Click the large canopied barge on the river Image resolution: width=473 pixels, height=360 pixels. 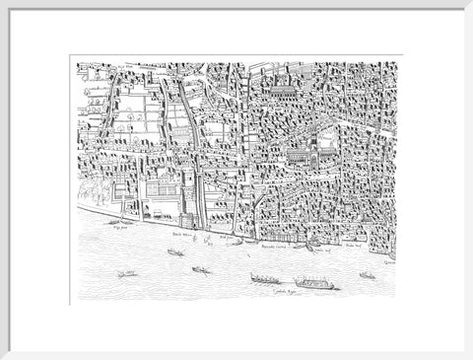[x=314, y=283]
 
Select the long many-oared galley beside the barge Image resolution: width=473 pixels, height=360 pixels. [x=264, y=279]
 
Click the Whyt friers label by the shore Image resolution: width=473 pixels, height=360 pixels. [x=124, y=226]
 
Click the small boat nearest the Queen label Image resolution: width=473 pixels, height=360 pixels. [x=368, y=275]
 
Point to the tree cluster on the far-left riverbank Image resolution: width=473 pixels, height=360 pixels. [x=90, y=190]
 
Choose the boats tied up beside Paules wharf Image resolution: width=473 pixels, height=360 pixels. [x=309, y=246]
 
